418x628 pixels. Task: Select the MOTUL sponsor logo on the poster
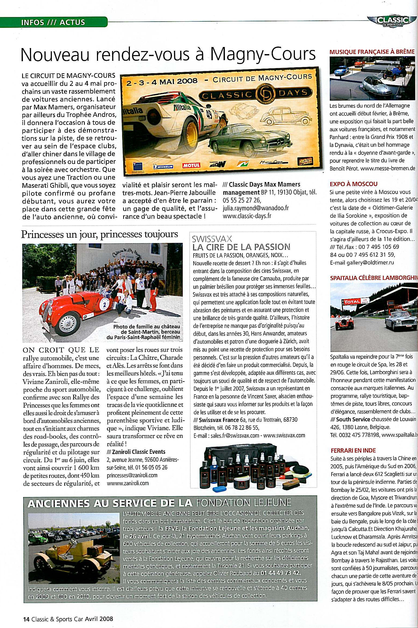point(191,165)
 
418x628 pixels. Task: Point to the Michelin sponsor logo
point(163,166)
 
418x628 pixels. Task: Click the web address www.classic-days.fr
point(247,216)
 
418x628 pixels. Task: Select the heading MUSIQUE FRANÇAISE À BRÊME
point(372,52)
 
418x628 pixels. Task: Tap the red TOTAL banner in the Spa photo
point(352,302)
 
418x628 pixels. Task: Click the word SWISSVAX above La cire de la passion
point(212,239)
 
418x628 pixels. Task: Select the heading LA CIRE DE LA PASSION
point(241,247)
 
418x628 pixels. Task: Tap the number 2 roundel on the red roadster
point(104,305)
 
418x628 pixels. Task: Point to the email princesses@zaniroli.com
point(132,475)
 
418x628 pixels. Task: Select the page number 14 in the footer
point(26,619)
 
